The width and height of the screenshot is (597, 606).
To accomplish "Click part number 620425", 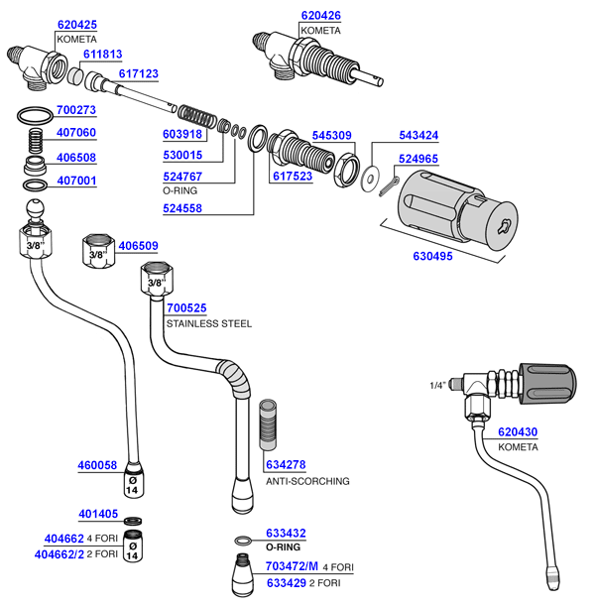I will click(77, 24).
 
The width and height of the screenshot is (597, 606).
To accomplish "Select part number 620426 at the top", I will click(319, 17).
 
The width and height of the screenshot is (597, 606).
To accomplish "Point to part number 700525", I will click(185, 308).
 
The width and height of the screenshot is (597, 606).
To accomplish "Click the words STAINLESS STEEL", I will click(208, 323).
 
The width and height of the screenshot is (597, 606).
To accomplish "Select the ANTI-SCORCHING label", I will click(306, 481).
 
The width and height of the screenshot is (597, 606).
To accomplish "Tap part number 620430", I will click(517, 432).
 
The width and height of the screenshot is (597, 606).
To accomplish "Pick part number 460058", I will click(97, 465).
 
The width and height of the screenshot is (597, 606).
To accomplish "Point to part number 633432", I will click(286, 532).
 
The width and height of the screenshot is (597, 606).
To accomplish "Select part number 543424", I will click(419, 134).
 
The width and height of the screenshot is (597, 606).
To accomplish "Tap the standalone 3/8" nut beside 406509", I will click(97, 250).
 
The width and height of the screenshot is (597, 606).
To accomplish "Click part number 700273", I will click(77, 110).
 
